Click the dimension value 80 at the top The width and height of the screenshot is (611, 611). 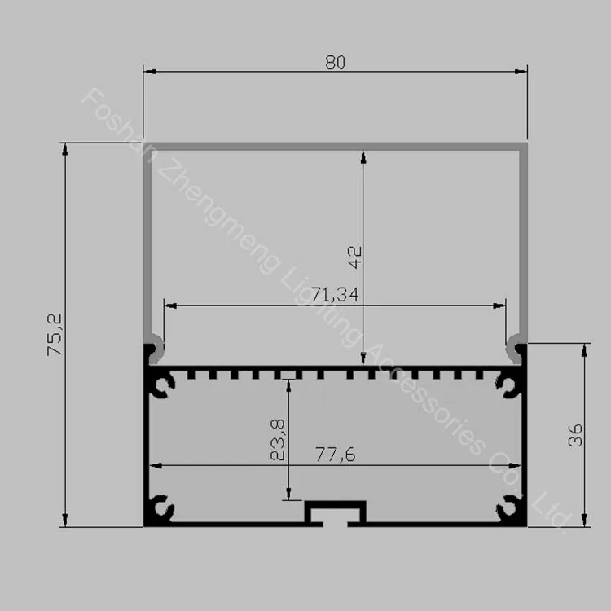point(335,63)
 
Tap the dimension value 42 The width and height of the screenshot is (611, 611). point(354,257)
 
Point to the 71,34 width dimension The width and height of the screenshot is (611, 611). point(335,295)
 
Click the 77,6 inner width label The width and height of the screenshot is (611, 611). point(335,455)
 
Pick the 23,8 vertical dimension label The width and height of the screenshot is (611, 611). point(278,440)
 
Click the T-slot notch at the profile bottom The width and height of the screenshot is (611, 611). point(335,513)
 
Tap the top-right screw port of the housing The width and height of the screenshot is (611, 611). point(509,385)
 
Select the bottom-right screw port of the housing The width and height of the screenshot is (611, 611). point(509,508)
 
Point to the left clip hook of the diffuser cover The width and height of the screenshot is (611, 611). point(154,349)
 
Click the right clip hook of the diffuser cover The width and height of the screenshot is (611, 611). point(516,349)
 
